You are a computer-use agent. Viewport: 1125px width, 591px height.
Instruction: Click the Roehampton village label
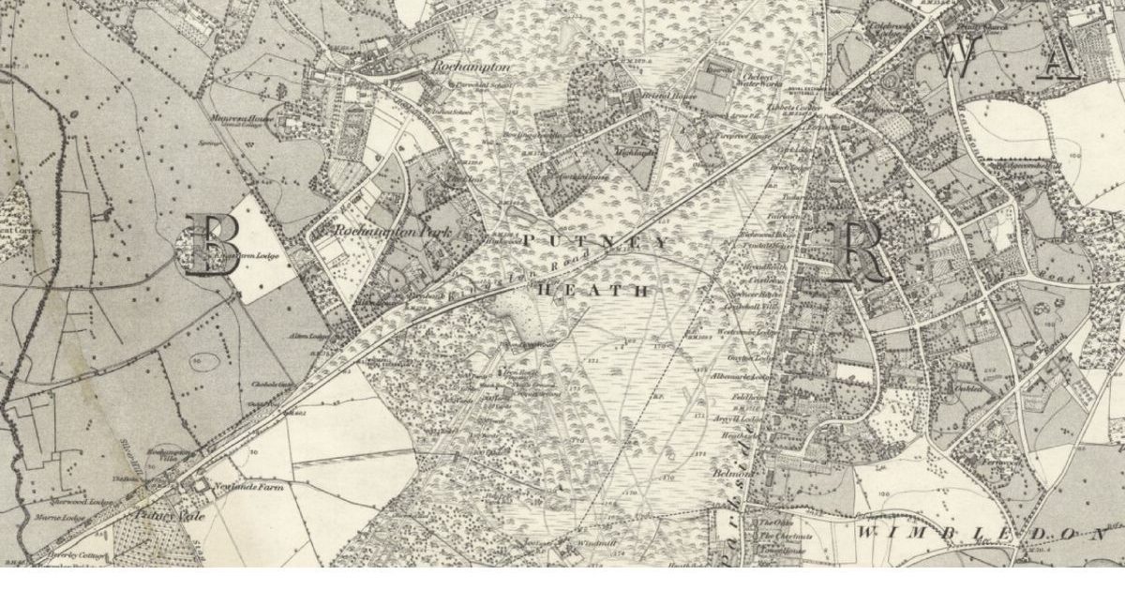pos(471,68)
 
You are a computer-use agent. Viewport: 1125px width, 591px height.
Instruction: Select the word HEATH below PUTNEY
pos(592,292)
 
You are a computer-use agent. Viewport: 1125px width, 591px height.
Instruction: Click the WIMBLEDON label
pos(980,533)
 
